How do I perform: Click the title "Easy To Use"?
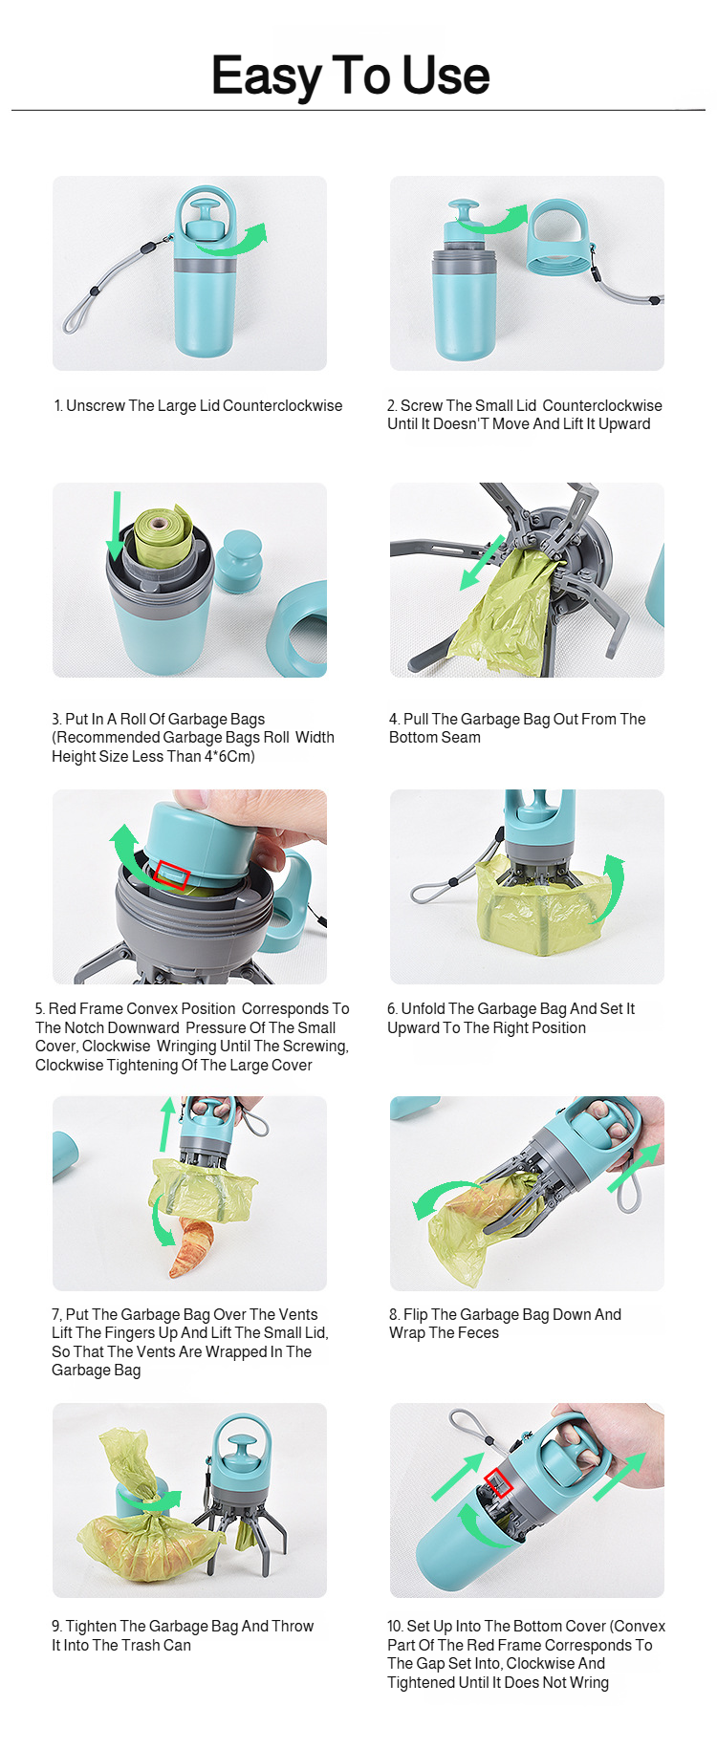[x=350, y=76]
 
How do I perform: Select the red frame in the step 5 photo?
[x=173, y=875]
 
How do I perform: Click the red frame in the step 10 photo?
[x=499, y=1483]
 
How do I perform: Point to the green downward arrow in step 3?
[x=116, y=526]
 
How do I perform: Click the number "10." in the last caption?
[x=395, y=1626]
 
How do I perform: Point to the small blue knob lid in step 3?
[x=238, y=560]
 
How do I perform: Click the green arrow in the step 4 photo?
[x=482, y=562]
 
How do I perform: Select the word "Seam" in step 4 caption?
[x=460, y=737]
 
